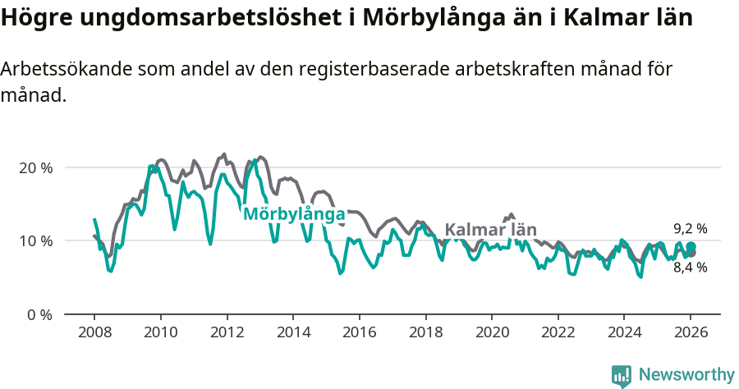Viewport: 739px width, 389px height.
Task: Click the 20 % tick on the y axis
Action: pyautogui.click(x=36, y=167)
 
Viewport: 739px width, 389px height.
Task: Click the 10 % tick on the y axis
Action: pyautogui.click(x=36, y=240)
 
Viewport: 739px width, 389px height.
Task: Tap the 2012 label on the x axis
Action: pyautogui.click(x=227, y=333)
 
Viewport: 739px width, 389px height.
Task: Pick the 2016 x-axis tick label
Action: pyautogui.click(x=359, y=333)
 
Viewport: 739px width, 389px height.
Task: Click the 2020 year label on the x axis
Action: pyautogui.click(x=491, y=333)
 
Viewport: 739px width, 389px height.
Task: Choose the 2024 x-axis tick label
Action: pyautogui.click(x=624, y=333)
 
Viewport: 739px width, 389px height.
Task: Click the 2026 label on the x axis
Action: pyautogui.click(x=691, y=333)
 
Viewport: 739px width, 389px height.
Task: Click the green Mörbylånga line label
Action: pyautogui.click(x=293, y=214)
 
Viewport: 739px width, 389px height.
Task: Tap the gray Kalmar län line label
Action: pyautogui.click(x=490, y=230)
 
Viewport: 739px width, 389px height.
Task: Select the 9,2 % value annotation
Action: pyautogui.click(x=691, y=229)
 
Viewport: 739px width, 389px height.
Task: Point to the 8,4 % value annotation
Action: pyautogui.click(x=691, y=268)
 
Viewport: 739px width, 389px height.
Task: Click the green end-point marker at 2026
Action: pyautogui.click(x=691, y=247)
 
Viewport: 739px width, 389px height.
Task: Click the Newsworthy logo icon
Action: pyautogui.click(x=622, y=375)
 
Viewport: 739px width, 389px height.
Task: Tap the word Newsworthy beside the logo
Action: pyautogui.click(x=686, y=375)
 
